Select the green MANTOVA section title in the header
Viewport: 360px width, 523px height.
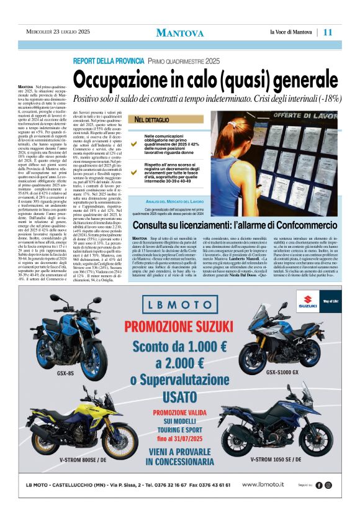[x=180, y=33]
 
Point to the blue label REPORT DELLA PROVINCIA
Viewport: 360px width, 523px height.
[x=109, y=61]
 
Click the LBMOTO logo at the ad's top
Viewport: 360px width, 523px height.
[x=181, y=304]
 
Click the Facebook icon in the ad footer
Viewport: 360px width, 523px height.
[x=319, y=485]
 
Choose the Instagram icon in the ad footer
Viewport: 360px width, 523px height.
[x=329, y=485]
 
